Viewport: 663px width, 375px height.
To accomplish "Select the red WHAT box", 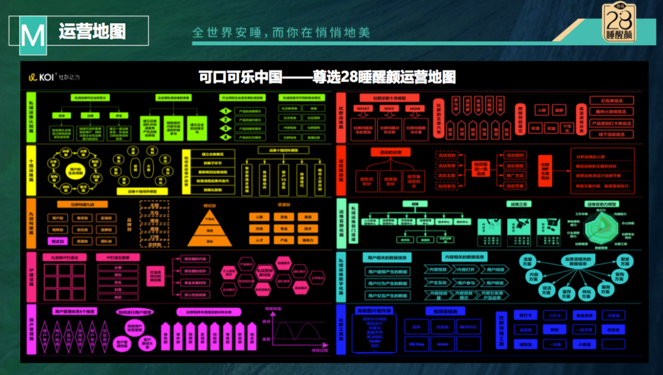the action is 363,109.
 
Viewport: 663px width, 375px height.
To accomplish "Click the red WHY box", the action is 389,109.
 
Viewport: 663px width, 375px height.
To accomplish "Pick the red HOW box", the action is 416,109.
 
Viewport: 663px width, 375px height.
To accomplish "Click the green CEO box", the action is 406,204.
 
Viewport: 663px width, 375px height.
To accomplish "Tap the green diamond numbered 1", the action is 227,111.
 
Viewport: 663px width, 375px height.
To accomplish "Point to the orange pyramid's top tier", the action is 209,218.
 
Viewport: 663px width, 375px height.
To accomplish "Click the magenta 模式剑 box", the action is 59,242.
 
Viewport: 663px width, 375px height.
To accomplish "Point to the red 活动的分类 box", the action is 390,152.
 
